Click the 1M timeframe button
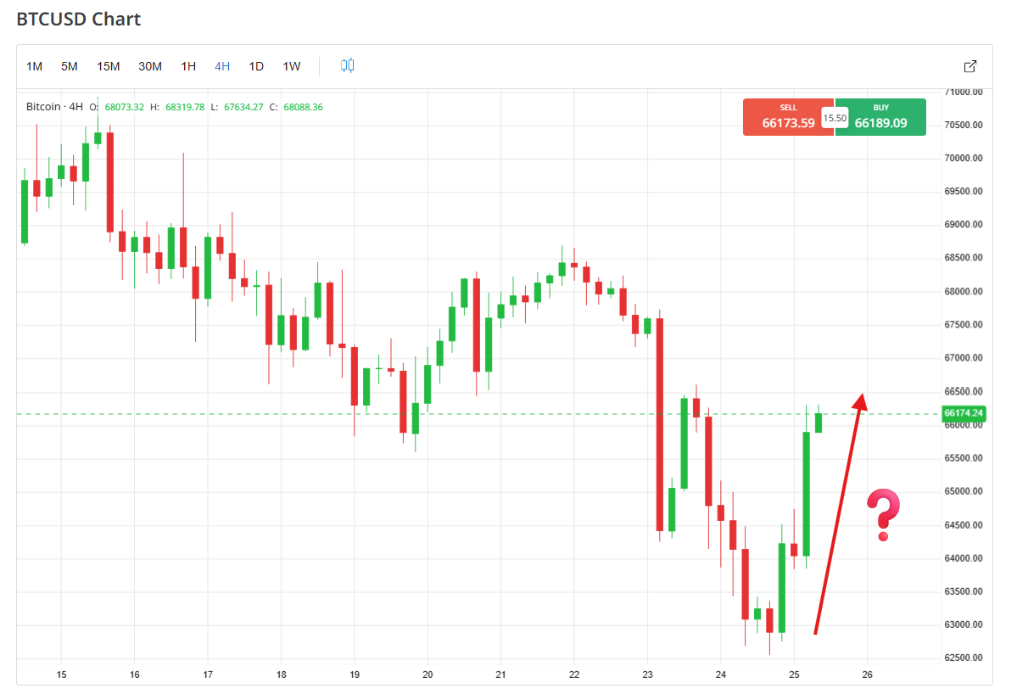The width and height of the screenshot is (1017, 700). pos(34,66)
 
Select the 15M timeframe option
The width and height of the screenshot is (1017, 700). pos(108,66)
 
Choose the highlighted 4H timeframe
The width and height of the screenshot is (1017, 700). pos(222,66)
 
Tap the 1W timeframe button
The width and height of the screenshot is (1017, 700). pos(291,66)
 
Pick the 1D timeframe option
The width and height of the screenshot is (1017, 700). pos(256,66)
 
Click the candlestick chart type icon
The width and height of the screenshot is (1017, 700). pos(348,65)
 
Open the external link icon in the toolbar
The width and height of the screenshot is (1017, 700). pos(970,66)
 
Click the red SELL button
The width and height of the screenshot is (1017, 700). pos(788,117)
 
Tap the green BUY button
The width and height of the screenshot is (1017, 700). pos(880,117)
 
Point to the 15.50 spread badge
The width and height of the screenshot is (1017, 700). pos(835,118)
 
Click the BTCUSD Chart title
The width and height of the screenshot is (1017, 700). pos(79,19)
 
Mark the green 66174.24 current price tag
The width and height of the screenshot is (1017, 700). pos(964,414)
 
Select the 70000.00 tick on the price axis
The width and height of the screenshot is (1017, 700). pos(964,159)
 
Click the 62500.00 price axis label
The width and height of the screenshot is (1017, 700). pos(964,658)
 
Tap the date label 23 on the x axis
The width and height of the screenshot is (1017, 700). pos(647,675)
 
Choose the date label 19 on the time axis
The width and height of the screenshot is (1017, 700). pos(355,675)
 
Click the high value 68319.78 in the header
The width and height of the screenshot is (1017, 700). pos(185,107)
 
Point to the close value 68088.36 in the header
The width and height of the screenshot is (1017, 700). pos(303,107)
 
